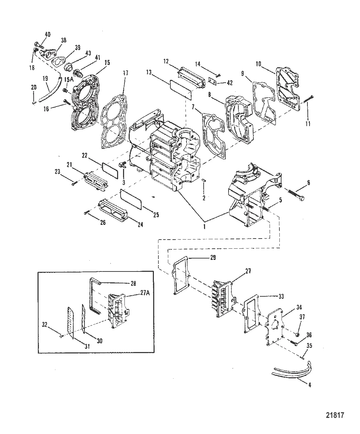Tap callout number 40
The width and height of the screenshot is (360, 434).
point(47,34)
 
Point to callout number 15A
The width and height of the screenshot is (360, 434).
point(69,80)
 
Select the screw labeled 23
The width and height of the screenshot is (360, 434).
point(75,182)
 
